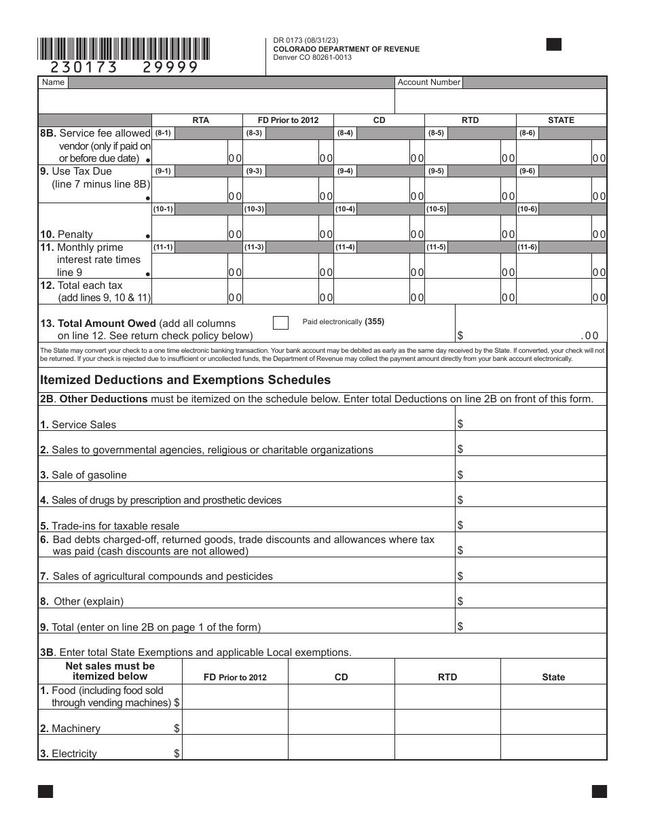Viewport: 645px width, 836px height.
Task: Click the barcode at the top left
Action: click(124, 49)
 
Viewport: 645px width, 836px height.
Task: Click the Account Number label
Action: click(428, 82)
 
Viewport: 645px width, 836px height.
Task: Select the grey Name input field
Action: click(231, 82)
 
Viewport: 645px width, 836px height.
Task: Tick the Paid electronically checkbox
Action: click(280, 323)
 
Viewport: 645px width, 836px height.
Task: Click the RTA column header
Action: click(200, 120)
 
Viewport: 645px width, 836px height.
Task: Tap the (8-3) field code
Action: click(255, 133)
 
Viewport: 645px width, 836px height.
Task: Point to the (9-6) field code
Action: click(528, 171)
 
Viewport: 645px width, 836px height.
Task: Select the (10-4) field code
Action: click(346, 209)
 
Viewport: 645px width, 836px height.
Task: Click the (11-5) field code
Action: click(437, 247)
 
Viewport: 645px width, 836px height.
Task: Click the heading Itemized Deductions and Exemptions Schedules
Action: click(185, 380)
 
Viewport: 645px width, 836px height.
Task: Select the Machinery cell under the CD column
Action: click(341, 722)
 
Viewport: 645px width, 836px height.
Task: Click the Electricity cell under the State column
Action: click(553, 748)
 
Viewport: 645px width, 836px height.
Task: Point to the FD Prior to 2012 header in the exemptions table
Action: click(235, 677)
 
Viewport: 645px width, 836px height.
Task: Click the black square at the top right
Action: click(554, 45)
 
